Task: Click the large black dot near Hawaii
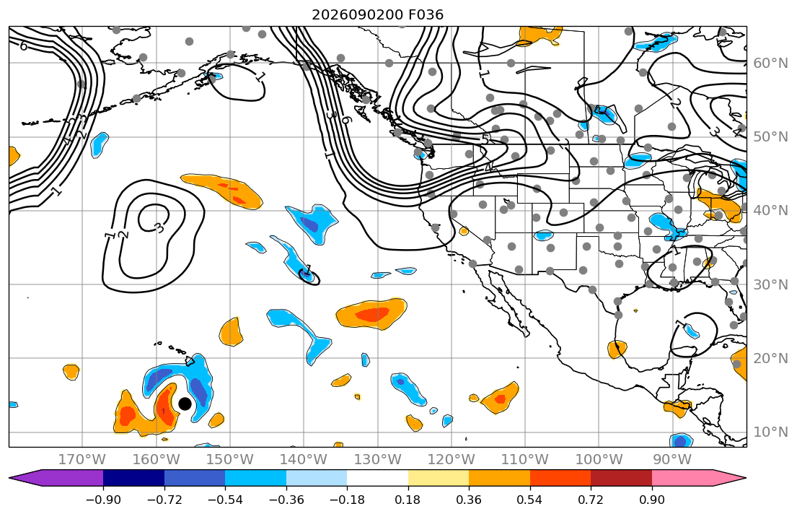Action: coord(185,404)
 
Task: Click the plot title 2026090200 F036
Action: coord(377,14)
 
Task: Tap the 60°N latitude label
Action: coord(770,63)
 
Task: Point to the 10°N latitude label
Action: coord(770,432)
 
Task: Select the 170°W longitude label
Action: coord(82,460)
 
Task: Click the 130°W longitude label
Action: coord(377,460)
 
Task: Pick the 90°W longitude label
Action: coord(672,460)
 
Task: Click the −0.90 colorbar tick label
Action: coord(103,500)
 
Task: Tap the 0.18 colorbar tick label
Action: coord(408,500)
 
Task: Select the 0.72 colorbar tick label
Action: coord(591,500)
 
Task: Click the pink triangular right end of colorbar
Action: coord(699,478)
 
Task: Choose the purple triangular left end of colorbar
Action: coord(56,478)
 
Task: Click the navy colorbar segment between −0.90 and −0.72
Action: coord(133,478)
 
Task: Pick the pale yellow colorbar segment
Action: coord(438,478)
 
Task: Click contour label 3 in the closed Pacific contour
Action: coord(159,228)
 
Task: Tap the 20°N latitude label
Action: coord(770,358)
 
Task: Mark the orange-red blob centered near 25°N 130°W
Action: coord(371,313)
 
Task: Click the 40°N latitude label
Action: coord(770,211)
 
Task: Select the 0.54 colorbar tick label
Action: coord(529,500)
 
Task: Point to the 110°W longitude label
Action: coord(525,460)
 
